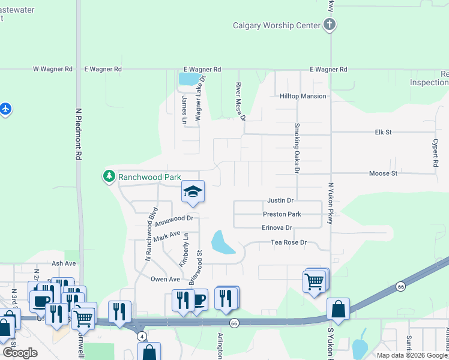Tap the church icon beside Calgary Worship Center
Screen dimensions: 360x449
329,25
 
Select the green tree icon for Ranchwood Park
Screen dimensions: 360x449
109,176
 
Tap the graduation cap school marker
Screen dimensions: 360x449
193,192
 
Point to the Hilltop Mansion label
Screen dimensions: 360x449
303,96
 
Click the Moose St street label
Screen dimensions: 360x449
383,173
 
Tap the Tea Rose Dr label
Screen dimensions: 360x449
289,242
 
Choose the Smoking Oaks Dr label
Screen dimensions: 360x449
297,148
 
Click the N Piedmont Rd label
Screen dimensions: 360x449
77,137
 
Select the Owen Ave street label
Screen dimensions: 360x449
165,279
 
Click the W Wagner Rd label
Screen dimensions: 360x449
53,70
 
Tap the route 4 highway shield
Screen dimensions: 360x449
142,335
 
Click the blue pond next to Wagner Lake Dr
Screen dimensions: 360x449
187,79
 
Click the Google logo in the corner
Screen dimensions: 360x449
20,353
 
